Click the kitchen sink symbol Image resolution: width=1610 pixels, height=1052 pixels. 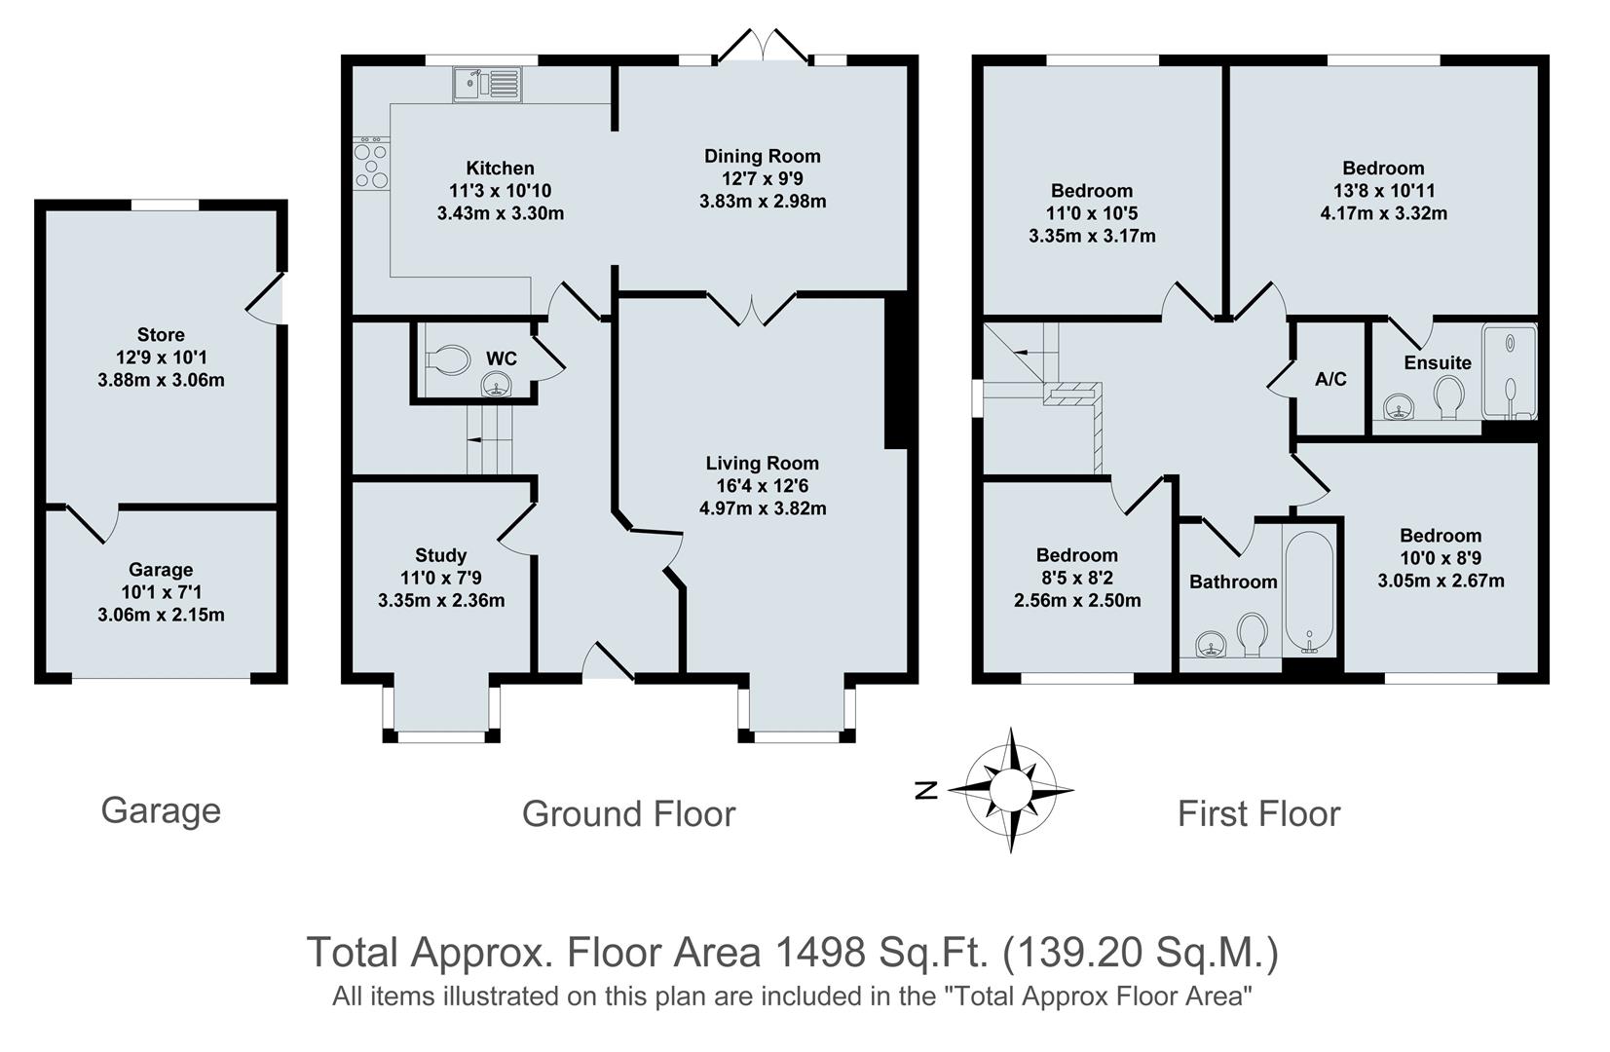pos(487,84)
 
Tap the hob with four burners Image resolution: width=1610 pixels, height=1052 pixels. pos(370,165)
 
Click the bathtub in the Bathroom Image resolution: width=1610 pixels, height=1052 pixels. pos(1309,591)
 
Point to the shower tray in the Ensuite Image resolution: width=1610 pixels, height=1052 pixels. pos(1509,370)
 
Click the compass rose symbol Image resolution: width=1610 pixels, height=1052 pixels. pos(1011,789)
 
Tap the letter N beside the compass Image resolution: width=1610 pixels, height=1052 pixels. pos(927,790)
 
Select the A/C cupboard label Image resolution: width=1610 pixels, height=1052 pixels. pos(1330,379)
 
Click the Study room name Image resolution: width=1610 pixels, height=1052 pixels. pos(440,555)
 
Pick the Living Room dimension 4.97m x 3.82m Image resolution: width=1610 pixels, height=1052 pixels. pos(763,507)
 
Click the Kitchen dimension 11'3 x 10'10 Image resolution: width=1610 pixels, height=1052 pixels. pos(500,191)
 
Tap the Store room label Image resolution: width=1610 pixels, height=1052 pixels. pos(161,334)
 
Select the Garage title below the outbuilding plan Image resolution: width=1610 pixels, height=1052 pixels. pos(161,810)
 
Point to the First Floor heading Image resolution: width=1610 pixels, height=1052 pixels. pos(1258,813)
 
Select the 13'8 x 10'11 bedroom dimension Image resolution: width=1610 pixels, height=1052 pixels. pos(1383,191)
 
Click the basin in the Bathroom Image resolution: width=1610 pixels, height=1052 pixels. pos(1209,644)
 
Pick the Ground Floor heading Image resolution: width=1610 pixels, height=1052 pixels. pos(628,813)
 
